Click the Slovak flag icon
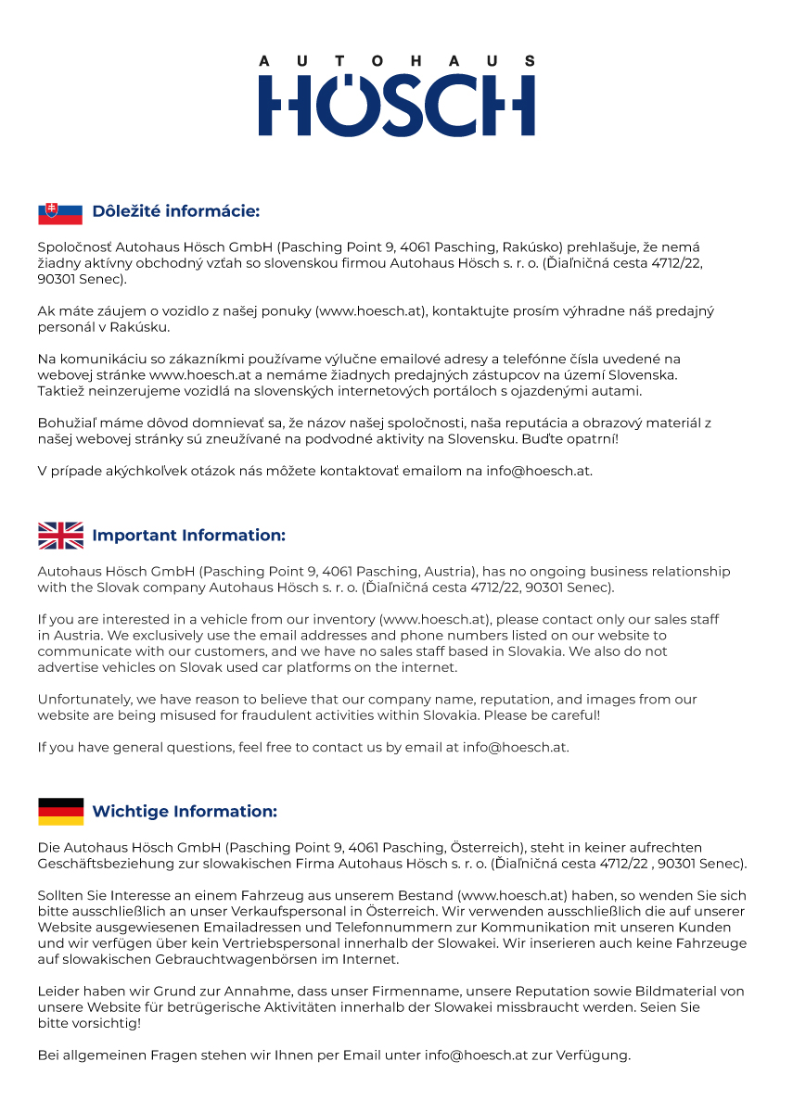[x=60, y=213]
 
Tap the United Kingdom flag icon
[x=60, y=536]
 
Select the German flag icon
[x=60, y=812]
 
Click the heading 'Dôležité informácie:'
[x=175, y=212]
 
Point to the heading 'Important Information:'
[x=188, y=536]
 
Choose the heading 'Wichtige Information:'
[x=185, y=812]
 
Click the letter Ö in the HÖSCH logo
[x=352, y=104]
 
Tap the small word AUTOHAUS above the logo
[x=396, y=61]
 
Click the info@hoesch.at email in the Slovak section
[x=539, y=471]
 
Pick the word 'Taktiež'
[x=61, y=390]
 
